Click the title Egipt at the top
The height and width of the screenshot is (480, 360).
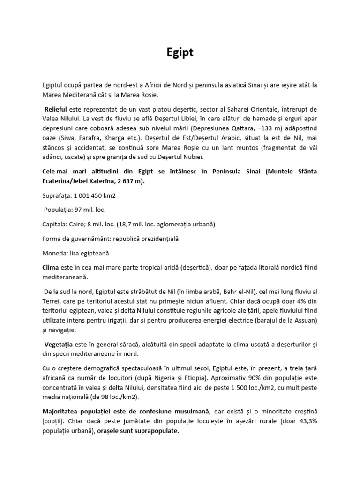point(180,53)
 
